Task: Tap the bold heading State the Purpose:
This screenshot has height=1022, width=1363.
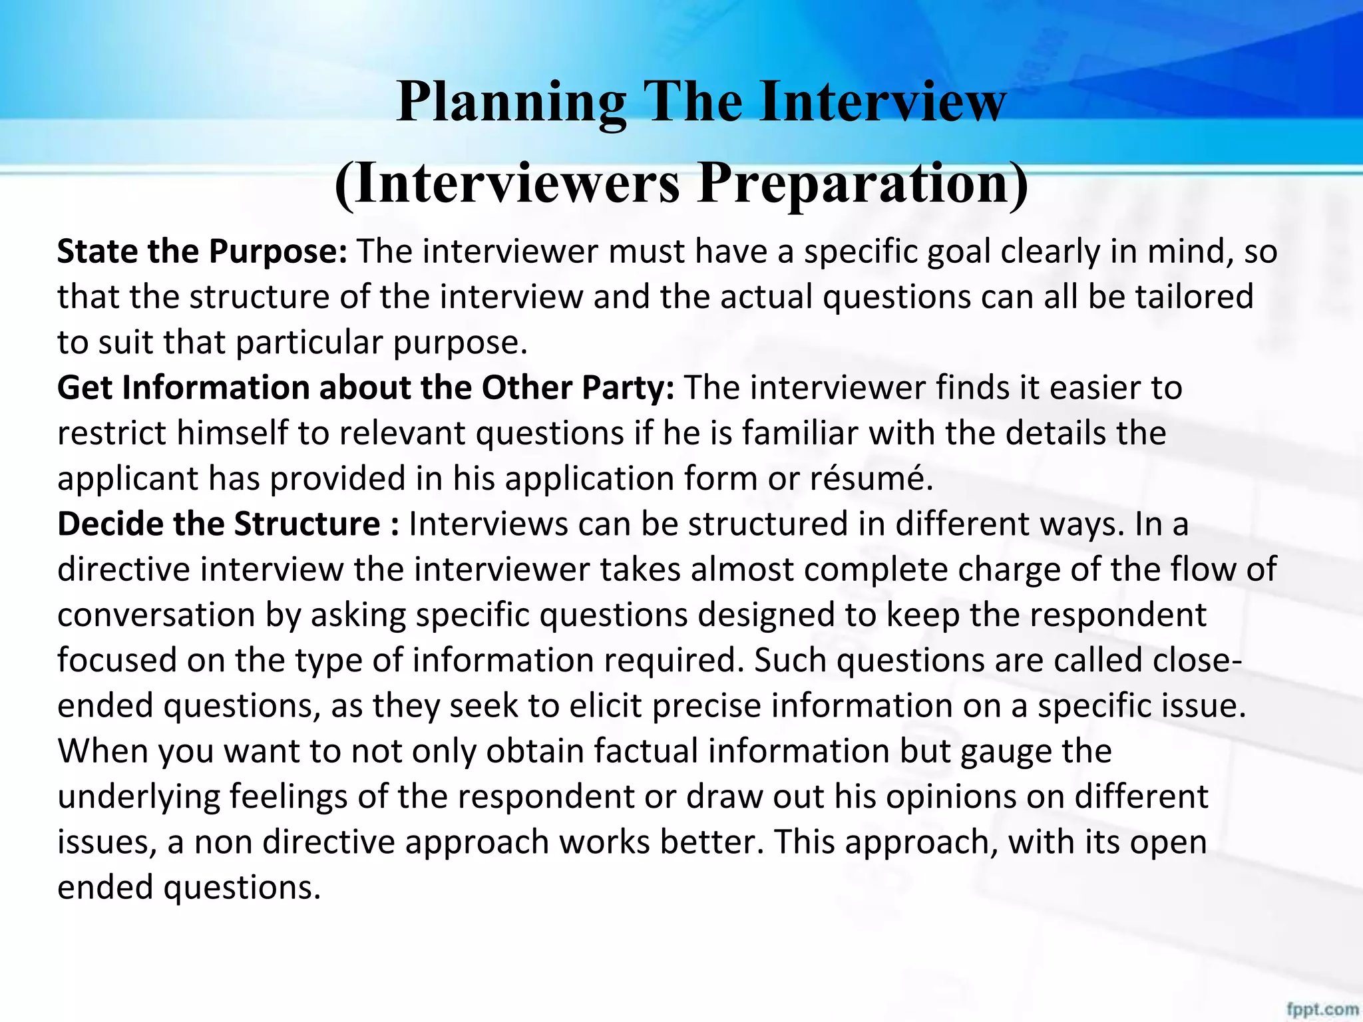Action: (202, 252)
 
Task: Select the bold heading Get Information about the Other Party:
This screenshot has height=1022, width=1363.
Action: (365, 388)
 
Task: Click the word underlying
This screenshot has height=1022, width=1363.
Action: (138, 797)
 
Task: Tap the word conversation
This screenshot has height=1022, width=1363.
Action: (156, 615)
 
